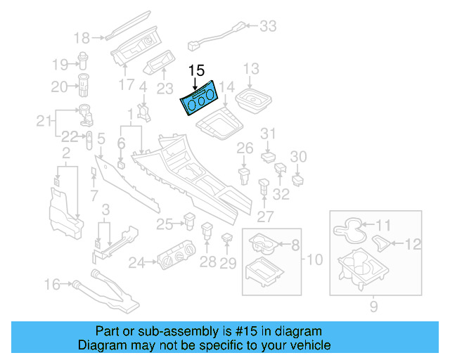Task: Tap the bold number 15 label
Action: coord(197,71)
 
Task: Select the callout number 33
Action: coord(268,27)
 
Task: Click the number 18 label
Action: coord(82,37)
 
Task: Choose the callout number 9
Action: coord(373,307)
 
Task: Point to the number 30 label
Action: coord(299,156)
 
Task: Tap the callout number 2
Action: coord(65,153)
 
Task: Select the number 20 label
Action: coord(58,86)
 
